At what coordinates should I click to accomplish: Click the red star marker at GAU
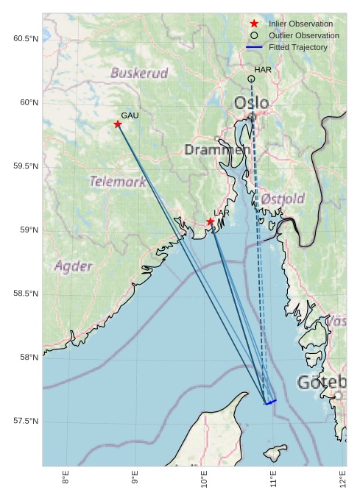(118, 124)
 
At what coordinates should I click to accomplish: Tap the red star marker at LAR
(211, 221)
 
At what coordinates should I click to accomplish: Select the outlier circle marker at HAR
(252, 79)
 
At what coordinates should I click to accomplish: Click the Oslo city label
(252, 102)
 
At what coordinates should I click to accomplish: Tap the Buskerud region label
(139, 73)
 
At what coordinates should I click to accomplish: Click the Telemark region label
(118, 181)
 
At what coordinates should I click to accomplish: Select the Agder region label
(74, 266)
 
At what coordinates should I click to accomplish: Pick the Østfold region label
(283, 199)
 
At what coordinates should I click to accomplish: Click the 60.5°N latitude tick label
(26, 38)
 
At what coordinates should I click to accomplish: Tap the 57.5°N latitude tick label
(26, 422)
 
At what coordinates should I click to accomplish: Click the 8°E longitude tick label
(66, 480)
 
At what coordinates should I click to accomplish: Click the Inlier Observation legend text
(300, 24)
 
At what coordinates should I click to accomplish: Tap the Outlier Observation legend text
(303, 35)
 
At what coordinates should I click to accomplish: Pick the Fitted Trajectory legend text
(298, 47)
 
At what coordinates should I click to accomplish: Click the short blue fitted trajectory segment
(271, 402)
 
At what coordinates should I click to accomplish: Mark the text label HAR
(263, 69)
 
